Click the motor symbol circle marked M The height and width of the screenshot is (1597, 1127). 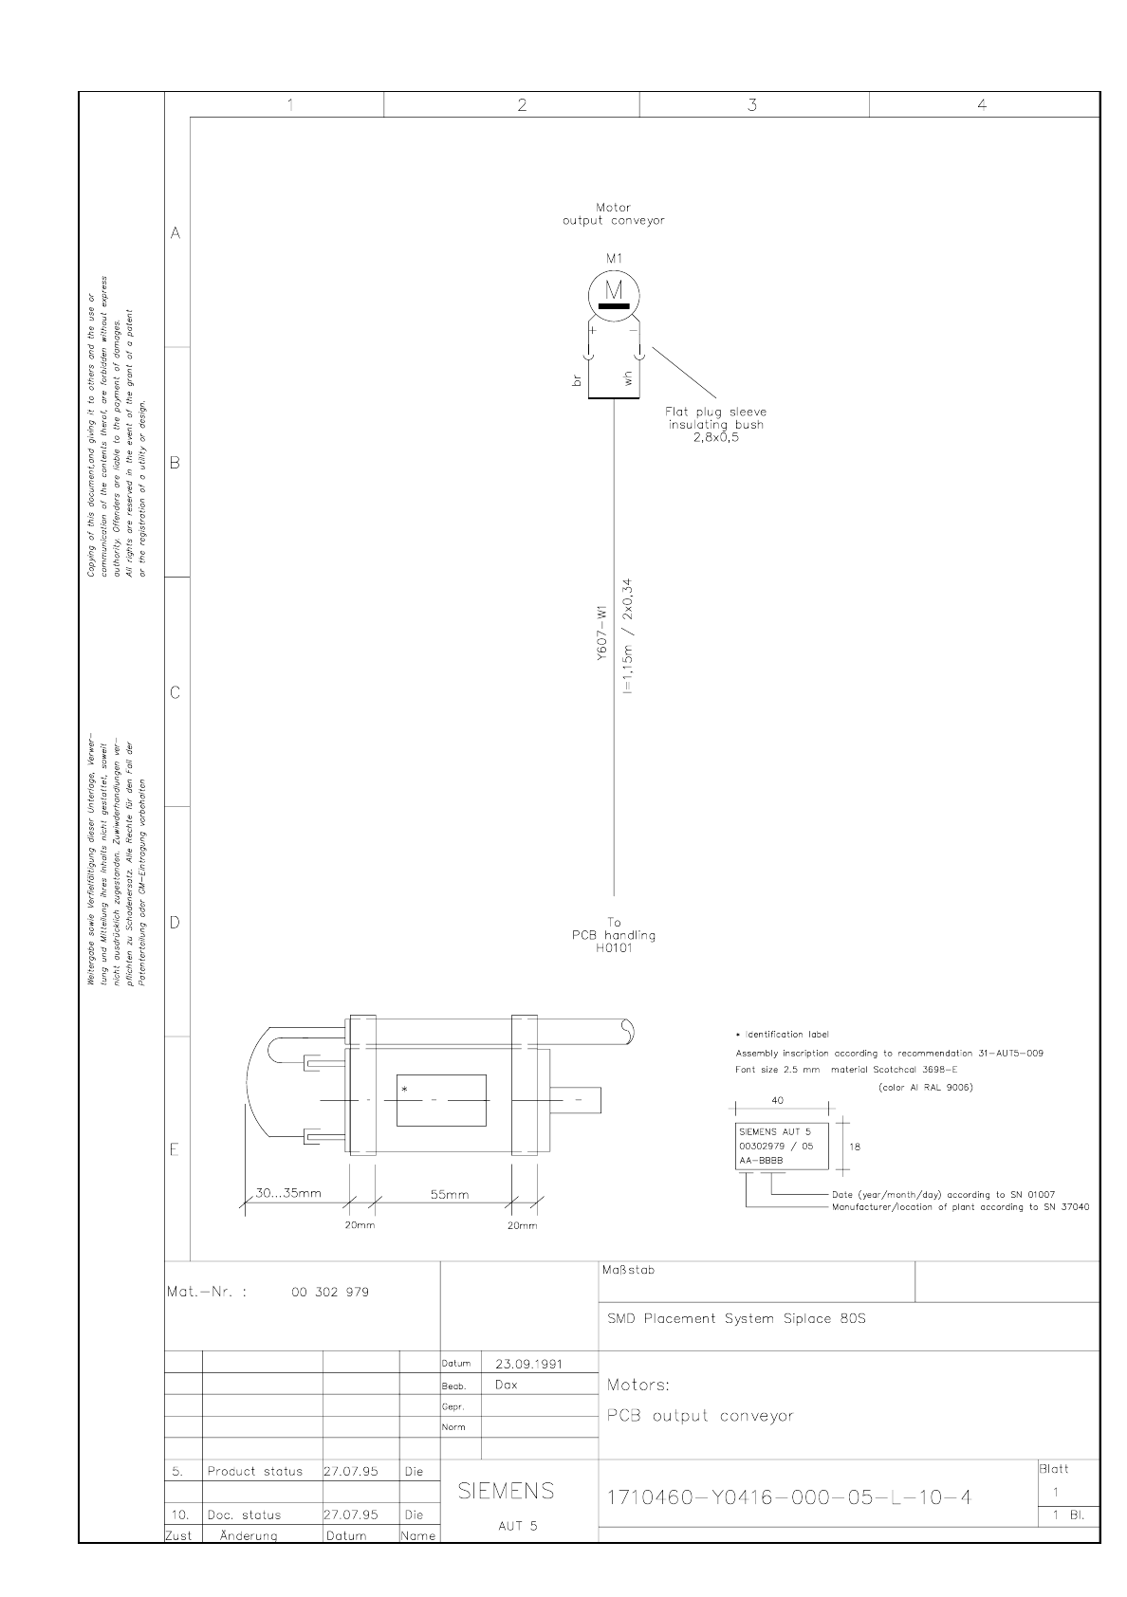(x=614, y=292)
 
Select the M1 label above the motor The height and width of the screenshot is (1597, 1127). (x=614, y=258)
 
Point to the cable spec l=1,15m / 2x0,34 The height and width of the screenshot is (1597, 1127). (x=627, y=636)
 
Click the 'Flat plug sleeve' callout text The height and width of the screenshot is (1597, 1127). (x=715, y=413)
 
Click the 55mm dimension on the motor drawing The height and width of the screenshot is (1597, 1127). (x=450, y=1195)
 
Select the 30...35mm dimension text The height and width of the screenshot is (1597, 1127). (x=288, y=1193)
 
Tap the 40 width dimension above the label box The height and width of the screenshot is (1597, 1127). (x=779, y=1101)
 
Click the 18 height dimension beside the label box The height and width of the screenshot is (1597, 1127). (x=855, y=1147)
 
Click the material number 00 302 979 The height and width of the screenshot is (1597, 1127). (x=330, y=1292)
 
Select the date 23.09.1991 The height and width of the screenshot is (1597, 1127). (x=529, y=1364)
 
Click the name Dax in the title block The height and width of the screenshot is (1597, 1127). (x=507, y=1385)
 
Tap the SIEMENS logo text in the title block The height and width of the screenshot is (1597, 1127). (x=507, y=1492)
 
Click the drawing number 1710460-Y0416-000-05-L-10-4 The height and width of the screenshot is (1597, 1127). (x=789, y=1497)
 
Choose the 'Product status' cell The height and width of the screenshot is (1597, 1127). (x=255, y=1472)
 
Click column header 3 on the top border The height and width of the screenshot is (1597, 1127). (x=752, y=105)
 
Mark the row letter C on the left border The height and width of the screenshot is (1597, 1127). (x=175, y=692)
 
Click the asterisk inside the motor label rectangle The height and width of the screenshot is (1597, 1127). (x=405, y=1090)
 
